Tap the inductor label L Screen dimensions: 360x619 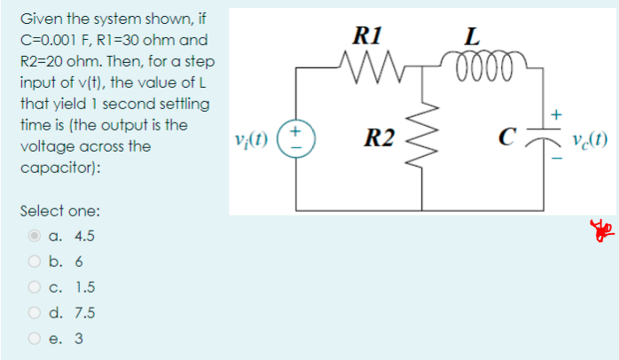pos(474,38)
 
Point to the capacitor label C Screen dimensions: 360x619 pos(507,137)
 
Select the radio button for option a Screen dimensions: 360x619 pos(35,237)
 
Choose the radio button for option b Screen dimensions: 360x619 pos(35,262)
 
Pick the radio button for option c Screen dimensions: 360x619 pos(35,287)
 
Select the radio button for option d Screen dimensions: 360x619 pos(35,313)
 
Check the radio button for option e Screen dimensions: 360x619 pos(35,338)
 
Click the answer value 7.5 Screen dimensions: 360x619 pos(85,313)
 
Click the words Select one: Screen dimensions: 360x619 pos(59,211)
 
